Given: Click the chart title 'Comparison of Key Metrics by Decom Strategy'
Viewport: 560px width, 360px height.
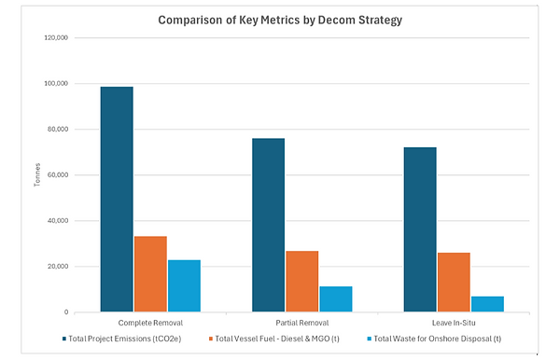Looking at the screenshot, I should click(x=279, y=20).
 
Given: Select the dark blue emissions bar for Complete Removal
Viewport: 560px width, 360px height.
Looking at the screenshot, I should click(x=117, y=200).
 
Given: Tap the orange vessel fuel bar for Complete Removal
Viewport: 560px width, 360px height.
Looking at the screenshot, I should click(x=150, y=274).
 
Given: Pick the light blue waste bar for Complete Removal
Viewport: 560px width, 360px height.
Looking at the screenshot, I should click(x=184, y=285).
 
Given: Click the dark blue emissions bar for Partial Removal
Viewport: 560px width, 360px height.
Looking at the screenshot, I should click(x=268, y=225).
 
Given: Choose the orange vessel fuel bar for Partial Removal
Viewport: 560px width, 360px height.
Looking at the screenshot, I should click(x=301, y=281).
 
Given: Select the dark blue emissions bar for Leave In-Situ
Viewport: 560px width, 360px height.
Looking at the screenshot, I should click(x=419, y=229).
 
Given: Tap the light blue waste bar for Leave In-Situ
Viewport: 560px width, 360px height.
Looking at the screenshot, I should click(x=486, y=304).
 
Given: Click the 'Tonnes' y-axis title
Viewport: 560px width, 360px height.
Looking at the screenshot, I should click(x=36, y=175).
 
